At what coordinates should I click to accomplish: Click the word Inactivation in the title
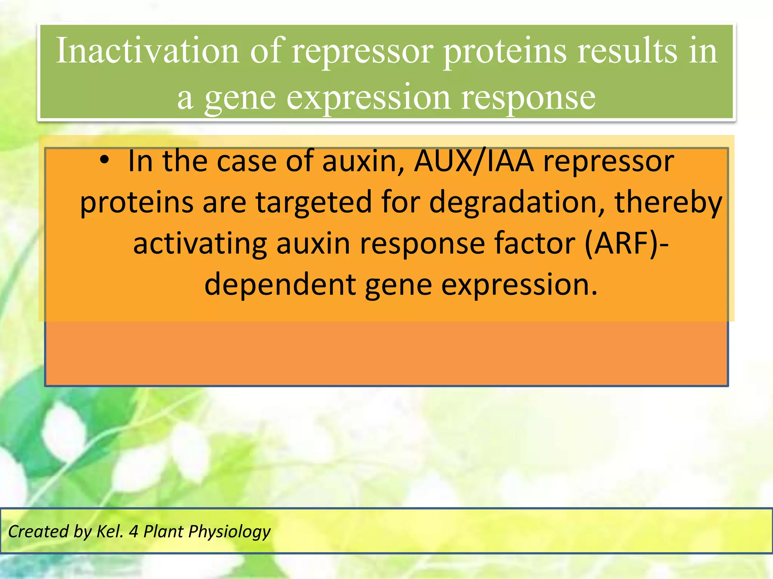[x=147, y=51]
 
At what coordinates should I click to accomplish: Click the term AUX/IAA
[x=474, y=161]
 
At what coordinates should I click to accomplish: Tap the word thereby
[x=668, y=202]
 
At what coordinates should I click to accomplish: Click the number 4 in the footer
[x=133, y=531]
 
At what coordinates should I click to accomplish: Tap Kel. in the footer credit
[x=110, y=531]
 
